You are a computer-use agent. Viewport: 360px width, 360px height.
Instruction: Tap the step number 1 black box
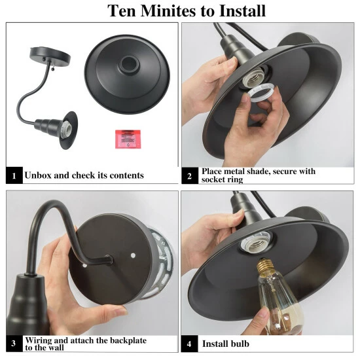pos(14,175)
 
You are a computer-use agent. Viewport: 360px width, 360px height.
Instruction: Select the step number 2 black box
pos(190,175)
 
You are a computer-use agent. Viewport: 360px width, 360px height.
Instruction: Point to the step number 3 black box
pos(14,344)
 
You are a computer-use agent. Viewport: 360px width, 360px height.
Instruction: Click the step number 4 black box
pos(189,344)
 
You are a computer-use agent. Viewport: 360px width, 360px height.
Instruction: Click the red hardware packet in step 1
pos(128,139)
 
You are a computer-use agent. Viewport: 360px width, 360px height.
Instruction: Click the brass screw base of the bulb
pos(266,266)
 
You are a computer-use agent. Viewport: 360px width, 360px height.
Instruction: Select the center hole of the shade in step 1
pos(128,63)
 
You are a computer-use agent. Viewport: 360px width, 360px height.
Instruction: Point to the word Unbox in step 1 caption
pos(38,175)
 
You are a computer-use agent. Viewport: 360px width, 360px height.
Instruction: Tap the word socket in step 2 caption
pos(214,179)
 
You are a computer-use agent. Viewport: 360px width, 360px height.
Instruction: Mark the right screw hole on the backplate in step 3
pos(133,255)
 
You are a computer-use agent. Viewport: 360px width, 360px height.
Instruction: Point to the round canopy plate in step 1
pos(50,55)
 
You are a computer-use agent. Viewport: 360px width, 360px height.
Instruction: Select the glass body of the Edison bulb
pos(281,303)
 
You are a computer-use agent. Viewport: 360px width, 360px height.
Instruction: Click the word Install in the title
pos(242,10)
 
